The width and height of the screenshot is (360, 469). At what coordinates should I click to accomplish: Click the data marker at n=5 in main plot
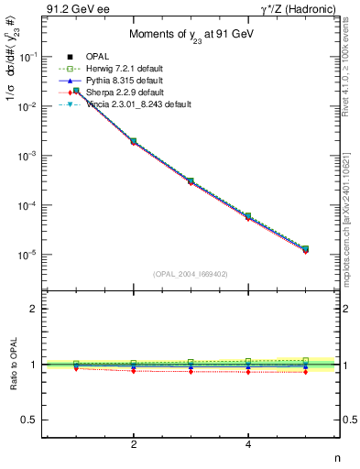[x=306, y=249]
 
